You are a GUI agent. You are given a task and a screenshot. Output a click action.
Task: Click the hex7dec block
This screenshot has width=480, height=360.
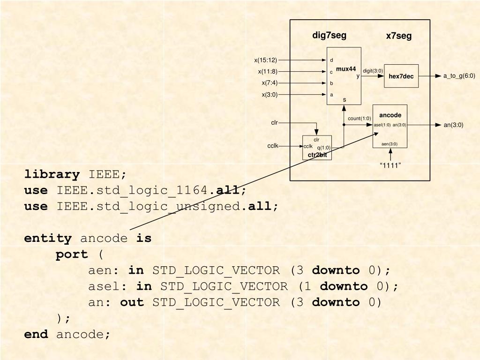click(401, 76)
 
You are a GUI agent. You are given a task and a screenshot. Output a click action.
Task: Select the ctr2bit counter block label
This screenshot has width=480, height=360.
click(317, 155)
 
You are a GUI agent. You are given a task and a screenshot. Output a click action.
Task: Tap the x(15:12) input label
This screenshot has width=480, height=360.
click(266, 60)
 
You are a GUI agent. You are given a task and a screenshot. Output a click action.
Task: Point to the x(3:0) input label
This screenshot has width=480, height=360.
click(270, 95)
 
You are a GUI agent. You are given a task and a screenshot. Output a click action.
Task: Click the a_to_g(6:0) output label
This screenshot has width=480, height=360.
click(459, 76)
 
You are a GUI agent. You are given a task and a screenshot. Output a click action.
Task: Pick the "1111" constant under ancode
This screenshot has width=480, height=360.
click(390, 165)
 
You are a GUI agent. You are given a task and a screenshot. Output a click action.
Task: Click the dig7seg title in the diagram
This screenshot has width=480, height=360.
click(330, 36)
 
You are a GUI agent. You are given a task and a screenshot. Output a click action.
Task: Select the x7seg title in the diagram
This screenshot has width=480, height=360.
click(399, 36)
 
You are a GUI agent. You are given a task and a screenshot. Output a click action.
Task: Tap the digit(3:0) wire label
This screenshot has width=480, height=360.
click(373, 71)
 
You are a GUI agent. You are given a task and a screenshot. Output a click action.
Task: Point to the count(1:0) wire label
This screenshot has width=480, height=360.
click(360, 119)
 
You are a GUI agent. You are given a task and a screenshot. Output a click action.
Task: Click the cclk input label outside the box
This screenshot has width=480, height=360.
click(273, 146)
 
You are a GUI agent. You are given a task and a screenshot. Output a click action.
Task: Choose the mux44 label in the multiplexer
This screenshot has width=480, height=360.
click(346, 69)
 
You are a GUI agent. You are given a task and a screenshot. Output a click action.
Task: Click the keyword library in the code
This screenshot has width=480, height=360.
click(52, 175)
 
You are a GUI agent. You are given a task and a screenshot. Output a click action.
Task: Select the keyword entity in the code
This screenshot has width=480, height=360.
click(48, 239)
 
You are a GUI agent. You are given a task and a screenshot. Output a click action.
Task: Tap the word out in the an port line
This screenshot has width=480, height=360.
click(132, 302)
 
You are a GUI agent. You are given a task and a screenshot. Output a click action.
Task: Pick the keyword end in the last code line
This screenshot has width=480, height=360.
click(36, 334)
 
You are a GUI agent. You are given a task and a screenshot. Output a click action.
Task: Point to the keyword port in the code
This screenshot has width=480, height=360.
click(72, 255)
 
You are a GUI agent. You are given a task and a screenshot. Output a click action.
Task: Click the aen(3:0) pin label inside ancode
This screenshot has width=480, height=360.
click(390, 144)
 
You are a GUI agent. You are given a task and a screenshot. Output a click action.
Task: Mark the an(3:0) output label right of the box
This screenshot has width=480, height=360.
click(453, 125)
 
